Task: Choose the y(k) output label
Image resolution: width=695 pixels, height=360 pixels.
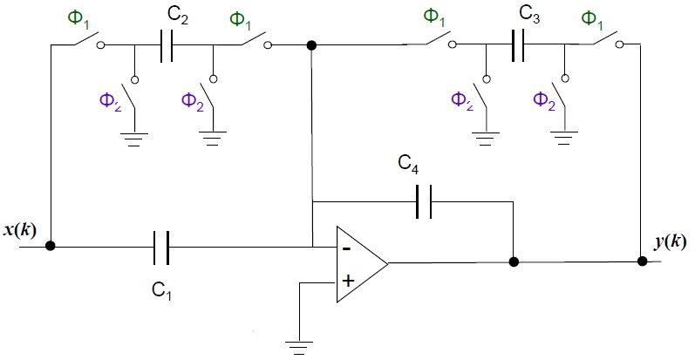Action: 671,241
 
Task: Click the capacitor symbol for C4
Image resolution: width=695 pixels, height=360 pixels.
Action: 423,201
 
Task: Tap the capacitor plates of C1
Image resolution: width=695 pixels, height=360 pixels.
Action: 160,248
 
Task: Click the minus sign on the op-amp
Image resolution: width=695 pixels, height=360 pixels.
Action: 348,248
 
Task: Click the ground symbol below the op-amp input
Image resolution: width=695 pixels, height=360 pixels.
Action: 299,347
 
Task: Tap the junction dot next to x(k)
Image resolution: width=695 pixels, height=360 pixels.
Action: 51,247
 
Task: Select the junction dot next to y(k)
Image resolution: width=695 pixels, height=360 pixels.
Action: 642,260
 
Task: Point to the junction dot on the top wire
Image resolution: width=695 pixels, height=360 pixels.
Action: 311,44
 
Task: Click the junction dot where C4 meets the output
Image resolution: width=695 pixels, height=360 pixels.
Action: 514,261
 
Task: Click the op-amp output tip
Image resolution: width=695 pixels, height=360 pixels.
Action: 388,262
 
